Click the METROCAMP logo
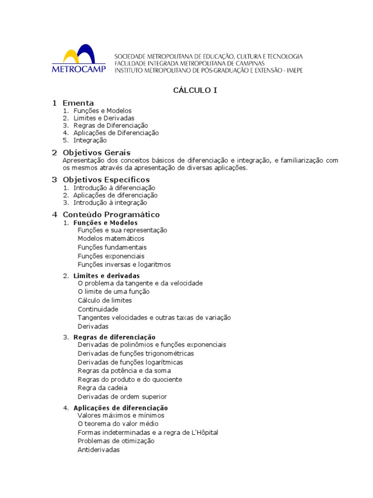click(79, 59)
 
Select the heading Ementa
click(78, 103)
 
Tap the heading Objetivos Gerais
click(97, 153)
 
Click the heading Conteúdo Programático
click(111, 214)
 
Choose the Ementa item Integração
click(90, 141)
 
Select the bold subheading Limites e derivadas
click(106, 276)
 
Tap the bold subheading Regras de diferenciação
click(114, 337)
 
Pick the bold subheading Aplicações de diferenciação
click(120, 408)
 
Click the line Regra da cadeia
click(102, 388)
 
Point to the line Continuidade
click(98, 309)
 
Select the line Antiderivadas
click(98, 450)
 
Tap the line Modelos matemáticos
click(111, 239)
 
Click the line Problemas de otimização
click(116, 441)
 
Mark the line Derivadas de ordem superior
click(122, 397)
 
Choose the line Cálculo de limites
click(104, 301)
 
